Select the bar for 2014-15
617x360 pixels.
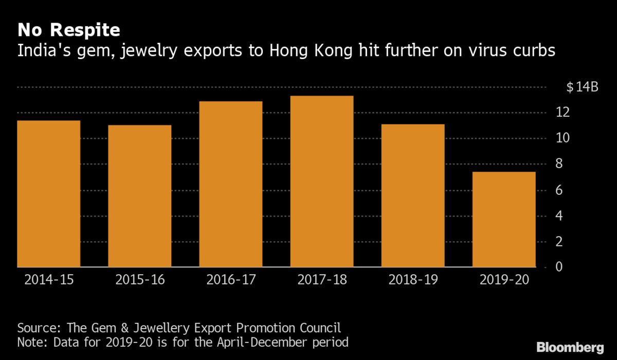tap(49, 194)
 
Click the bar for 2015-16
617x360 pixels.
tap(140, 196)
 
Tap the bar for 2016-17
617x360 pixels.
tap(231, 184)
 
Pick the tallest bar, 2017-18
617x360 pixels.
tap(322, 182)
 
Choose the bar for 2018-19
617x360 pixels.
tap(413, 195)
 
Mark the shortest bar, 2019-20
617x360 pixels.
tap(504, 220)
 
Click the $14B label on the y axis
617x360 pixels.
tap(583, 87)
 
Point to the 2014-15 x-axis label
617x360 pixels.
tap(48, 280)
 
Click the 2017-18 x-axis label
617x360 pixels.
tap(322, 280)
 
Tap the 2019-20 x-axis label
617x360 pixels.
tap(504, 280)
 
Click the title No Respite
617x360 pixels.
tap(69, 30)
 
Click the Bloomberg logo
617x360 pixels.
tap(570, 347)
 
